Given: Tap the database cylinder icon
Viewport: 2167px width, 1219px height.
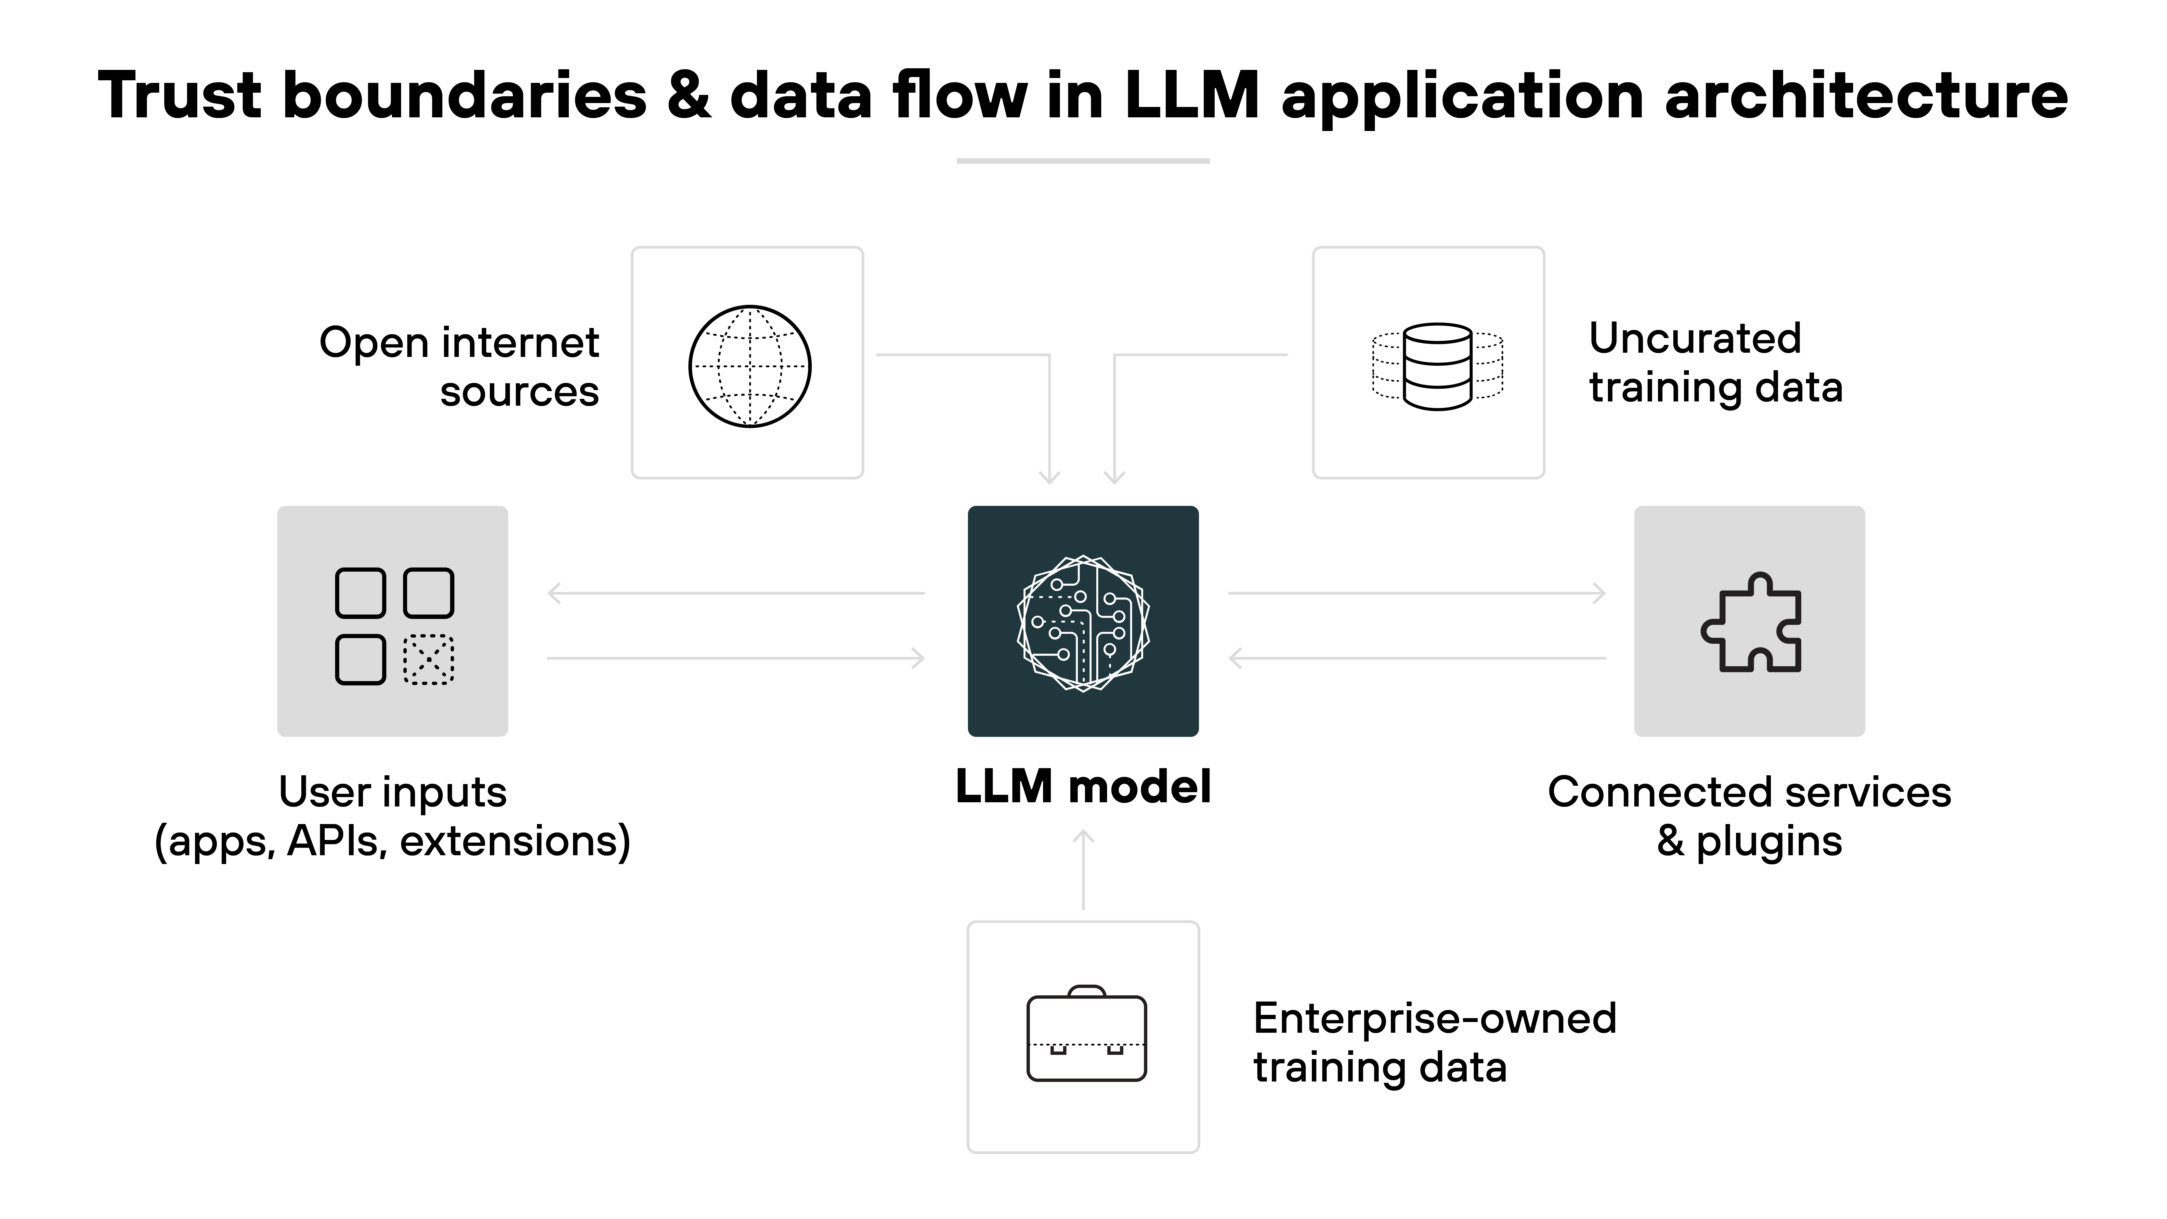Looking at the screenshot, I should (x=1438, y=366).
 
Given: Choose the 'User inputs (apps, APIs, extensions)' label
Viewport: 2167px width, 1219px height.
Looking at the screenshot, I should (x=392, y=816).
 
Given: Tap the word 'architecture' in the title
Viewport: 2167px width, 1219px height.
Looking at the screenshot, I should (x=1866, y=95).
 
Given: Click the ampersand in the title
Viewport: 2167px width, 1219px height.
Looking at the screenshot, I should (x=688, y=95).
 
